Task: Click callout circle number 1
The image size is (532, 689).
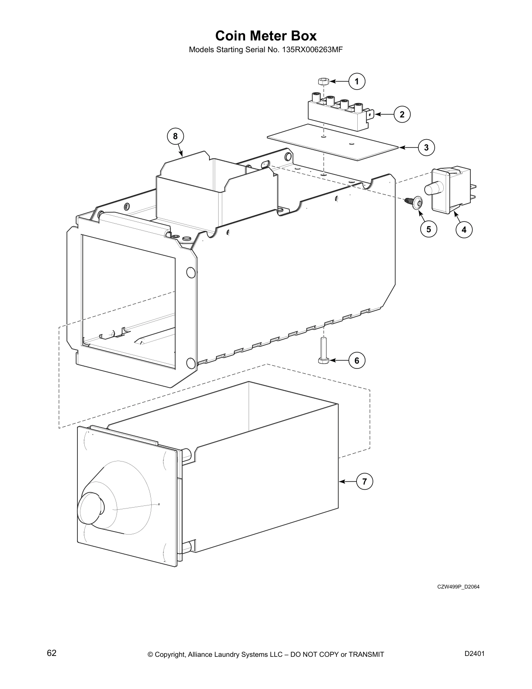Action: pyautogui.click(x=357, y=81)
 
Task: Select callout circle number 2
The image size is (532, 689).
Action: pyautogui.click(x=402, y=114)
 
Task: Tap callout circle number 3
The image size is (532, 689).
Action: pyautogui.click(x=426, y=147)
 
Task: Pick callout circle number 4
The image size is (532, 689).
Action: pyautogui.click(x=464, y=229)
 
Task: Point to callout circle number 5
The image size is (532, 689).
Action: pyautogui.click(x=429, y=229)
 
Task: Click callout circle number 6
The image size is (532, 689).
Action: pyautogui.click(x=357, y=360)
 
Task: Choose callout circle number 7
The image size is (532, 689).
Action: pyautogui.click(x=365, y=482)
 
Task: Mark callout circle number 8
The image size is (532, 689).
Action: pyautogui.click(x=175, y=136)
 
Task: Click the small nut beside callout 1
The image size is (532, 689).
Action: pyautogui.click(x=322, y=81)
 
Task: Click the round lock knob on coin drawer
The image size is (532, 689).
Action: pyautogui.click(x=90, y=508)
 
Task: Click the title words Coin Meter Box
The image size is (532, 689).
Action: pyautogui.click(x=266, y=35)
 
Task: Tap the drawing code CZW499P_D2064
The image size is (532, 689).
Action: pyautogui.click(x=458, y=587)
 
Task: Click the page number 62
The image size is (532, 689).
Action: pyautogui.click(x=52, y=653)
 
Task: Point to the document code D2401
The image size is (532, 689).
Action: pyautogui.click(x=475, y=653)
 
